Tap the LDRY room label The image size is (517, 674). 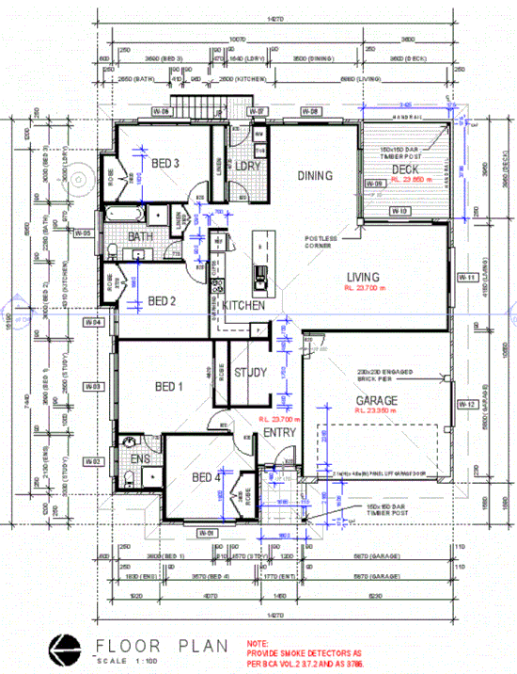point(248,167)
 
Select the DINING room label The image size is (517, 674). point(316,175)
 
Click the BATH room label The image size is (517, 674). point(140,236)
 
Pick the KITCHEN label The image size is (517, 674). point(243,306)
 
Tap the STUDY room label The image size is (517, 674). point(252,372)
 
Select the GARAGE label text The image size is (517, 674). point(376,400)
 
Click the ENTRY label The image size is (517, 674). point(279,432)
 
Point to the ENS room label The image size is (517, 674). point(140,458)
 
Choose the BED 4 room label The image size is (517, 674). point(206,477)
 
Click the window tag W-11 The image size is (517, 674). point(464,278)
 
